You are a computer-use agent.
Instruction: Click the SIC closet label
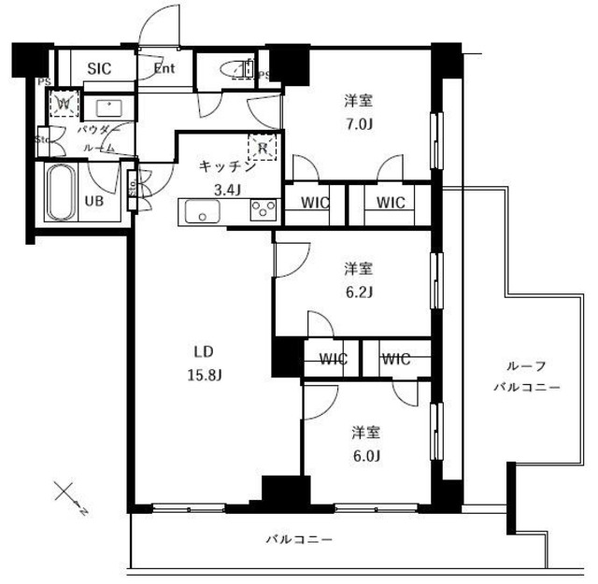coord(98,68)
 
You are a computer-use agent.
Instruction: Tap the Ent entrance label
coord(164,67)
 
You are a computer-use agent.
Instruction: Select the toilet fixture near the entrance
coord(234,69)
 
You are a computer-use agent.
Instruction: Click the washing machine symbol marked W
coord(65,102)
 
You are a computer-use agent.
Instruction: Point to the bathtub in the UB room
coord(64,192)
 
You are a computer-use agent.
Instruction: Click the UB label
coord(94,200)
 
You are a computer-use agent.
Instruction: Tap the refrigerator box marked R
coord(263,147)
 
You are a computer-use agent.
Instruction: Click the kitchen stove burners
coord(261,212)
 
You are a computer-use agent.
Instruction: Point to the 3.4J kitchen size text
coord(228,189)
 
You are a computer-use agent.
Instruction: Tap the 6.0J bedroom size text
coord(365,455)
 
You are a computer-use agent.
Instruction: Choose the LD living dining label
coord(205,352)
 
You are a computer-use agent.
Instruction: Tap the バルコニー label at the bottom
coord(298,539)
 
